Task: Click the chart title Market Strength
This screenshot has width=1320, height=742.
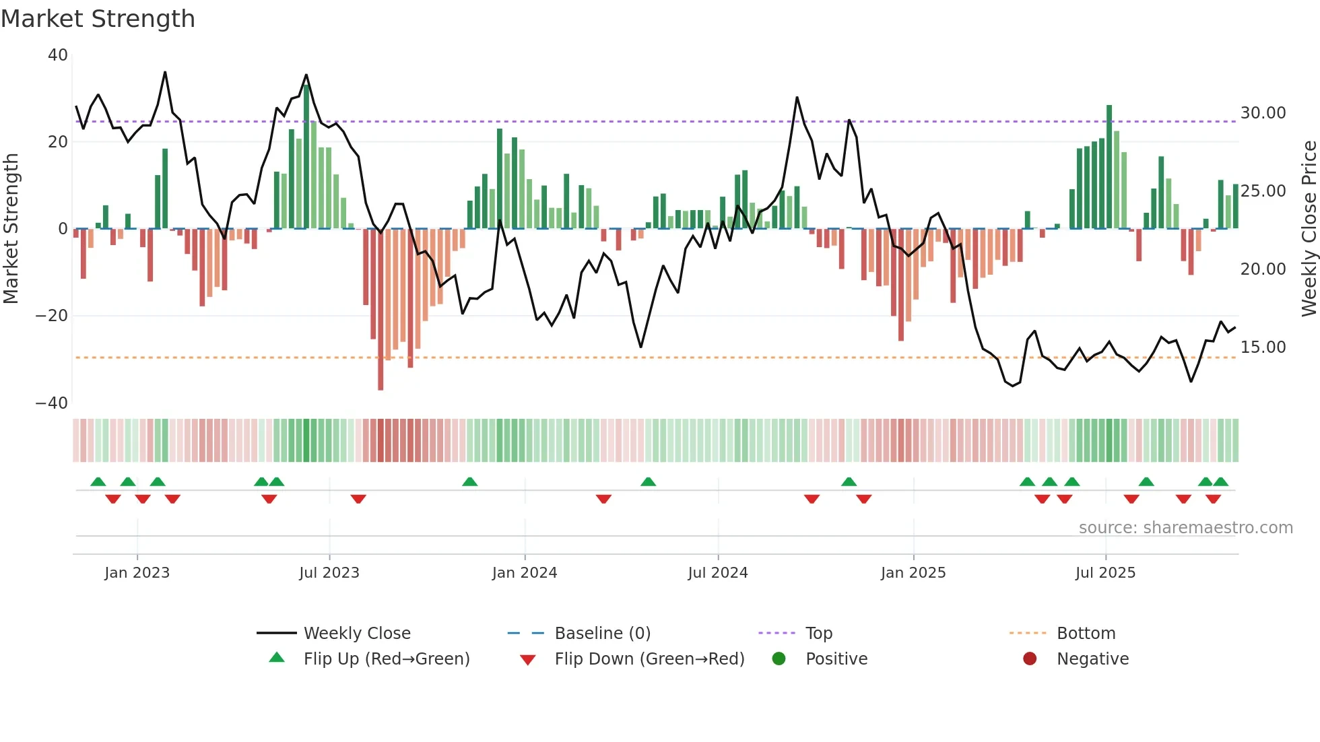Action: [98, 19]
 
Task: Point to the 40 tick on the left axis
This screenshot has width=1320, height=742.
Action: [58, 55]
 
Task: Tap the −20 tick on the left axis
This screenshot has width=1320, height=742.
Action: [52, 316]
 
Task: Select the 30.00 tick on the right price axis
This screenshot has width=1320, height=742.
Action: [1263, 113]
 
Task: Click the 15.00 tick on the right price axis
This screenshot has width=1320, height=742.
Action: [1263, 347]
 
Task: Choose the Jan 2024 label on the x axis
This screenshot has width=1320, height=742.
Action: [525, 573]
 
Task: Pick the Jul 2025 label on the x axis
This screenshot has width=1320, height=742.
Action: [1105, 573]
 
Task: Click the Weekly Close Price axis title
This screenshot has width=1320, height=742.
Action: [1309, 229]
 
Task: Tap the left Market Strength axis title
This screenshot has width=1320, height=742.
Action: [11, 229]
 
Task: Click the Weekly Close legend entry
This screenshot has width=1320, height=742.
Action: [357, 634]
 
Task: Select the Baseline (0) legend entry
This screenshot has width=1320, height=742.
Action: [602, 634]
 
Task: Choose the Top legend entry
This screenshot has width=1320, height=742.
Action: [819, 634]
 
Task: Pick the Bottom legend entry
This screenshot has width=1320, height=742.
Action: [1086, 634]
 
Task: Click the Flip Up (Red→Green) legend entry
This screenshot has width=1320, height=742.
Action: [386, 659]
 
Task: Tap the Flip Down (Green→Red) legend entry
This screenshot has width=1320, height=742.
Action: [649, 659]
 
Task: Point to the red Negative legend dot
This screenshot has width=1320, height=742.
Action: [1030, 659]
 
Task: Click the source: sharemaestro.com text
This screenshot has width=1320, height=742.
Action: [1185, 528]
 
